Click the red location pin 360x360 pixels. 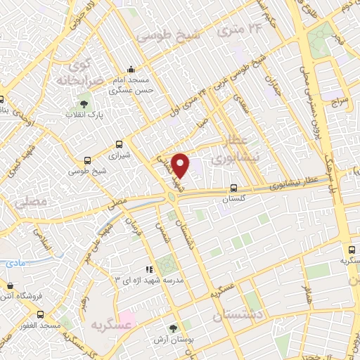coord(181,165)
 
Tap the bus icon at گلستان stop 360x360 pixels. coord(233,188)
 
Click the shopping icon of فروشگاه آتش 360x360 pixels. coord(9,286)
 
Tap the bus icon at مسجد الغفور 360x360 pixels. coord(40,314)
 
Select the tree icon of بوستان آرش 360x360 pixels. coord(174,328)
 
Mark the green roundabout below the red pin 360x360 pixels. coord(172,195)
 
